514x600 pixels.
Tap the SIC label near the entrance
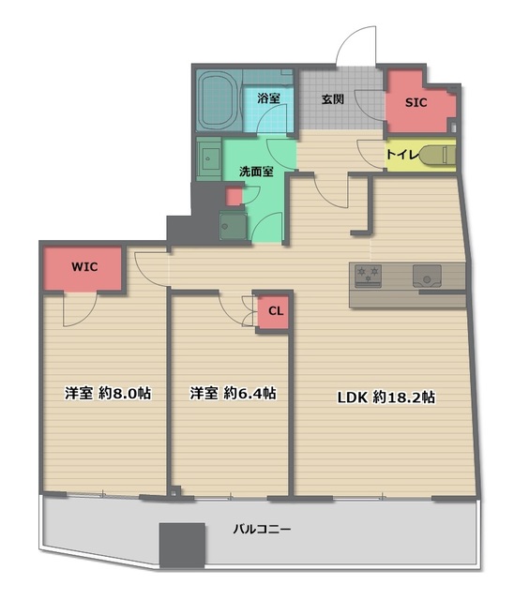(416, 103)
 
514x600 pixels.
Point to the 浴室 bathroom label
(268, 97)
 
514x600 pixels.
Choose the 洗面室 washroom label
(254, 172)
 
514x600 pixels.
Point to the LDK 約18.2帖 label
(385, 397)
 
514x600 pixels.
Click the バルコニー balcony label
(262, 530)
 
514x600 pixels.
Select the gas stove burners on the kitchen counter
(366, 275)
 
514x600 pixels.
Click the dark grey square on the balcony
(181, 543)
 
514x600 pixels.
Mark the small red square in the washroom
(234, 197)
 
